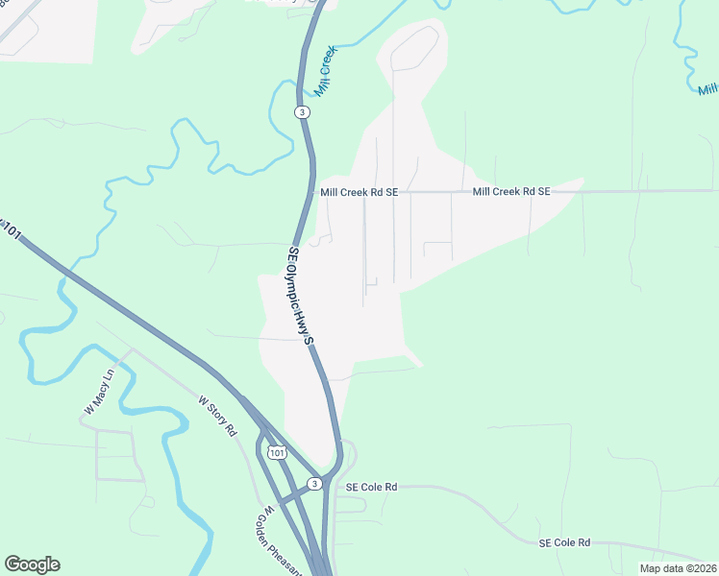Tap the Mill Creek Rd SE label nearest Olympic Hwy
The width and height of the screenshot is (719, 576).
(359, 192)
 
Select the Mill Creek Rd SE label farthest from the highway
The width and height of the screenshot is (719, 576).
(510, 192)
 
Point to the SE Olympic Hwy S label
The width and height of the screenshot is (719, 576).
(301, 296)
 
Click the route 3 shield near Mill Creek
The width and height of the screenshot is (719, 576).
(303, 112)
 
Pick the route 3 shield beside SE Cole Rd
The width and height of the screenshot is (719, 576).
(315, 482)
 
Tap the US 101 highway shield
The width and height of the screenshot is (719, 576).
(276, 452)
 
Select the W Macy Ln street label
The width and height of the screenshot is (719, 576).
(99, 392)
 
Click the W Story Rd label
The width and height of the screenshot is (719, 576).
(217, 416)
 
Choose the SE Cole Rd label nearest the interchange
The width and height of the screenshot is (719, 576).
(372, 488)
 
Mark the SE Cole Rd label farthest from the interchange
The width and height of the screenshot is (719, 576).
(564, 542)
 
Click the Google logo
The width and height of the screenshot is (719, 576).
(32, 564)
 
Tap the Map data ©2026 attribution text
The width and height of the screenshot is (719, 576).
(677, 568)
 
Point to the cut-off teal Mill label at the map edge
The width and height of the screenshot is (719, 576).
(708, 89)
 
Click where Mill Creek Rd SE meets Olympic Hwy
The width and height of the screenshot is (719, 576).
(314, 192)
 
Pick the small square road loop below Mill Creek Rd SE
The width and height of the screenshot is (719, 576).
(437, 251)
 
